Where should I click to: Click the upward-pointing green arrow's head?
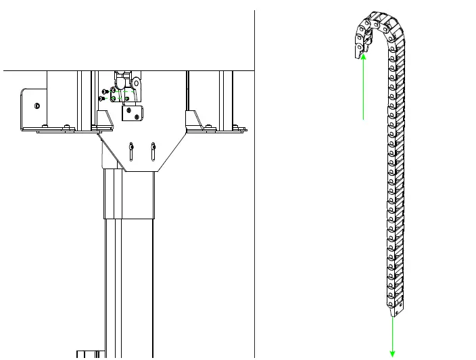pyautogui.click(x=364, y=58)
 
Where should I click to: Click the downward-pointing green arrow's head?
pyautogui.click(x=392, y=353)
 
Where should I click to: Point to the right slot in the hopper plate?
pyautogui.click(x=154, y=151)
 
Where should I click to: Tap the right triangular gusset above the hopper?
pyautogui.click(x=193, y=120)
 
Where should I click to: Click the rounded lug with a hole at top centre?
pyautogui.click(x=137, y=82)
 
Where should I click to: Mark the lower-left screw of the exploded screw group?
pyautogui.click(x=101, y=99)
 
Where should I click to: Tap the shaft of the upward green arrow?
pyautogui.click(x=364, y=91)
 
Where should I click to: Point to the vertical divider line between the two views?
pyautogui.click(x=254, y=203)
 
